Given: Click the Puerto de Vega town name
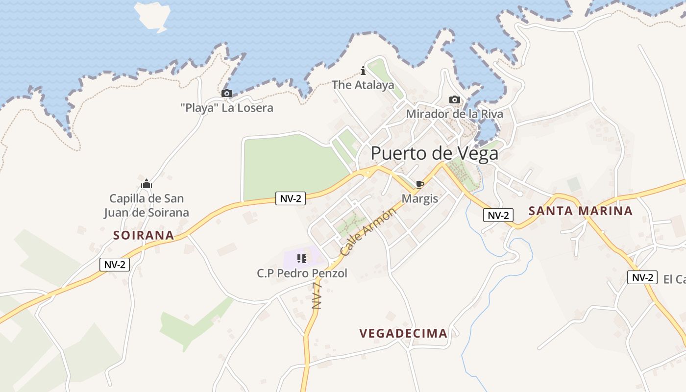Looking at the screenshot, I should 434,153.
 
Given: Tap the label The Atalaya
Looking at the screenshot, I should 363,85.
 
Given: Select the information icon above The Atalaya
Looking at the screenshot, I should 363,71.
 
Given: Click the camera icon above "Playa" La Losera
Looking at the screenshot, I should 226,93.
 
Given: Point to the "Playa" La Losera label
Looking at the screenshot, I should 227,108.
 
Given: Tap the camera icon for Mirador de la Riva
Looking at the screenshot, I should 455,100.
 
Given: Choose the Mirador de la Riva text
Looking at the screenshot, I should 454,114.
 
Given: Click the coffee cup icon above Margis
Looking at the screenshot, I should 419,184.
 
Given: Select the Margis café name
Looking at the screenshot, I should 419,198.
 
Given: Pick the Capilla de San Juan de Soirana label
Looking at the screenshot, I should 147,205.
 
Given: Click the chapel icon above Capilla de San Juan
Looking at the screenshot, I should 147,184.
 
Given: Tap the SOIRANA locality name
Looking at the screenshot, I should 144,235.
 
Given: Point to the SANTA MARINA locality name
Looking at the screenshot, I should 581,211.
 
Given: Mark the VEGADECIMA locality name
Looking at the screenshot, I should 403,334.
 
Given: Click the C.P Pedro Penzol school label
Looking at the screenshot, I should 302,273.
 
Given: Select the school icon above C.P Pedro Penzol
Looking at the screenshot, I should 302,258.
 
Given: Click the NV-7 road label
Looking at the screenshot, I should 317,293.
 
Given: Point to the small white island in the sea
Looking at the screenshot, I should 153,16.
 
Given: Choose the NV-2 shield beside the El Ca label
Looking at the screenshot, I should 642,277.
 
